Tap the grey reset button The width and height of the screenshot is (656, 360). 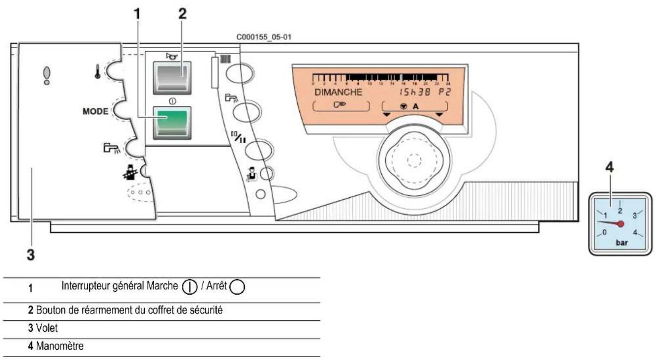coord(171,76)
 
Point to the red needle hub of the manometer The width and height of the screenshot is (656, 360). coord(621,224)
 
